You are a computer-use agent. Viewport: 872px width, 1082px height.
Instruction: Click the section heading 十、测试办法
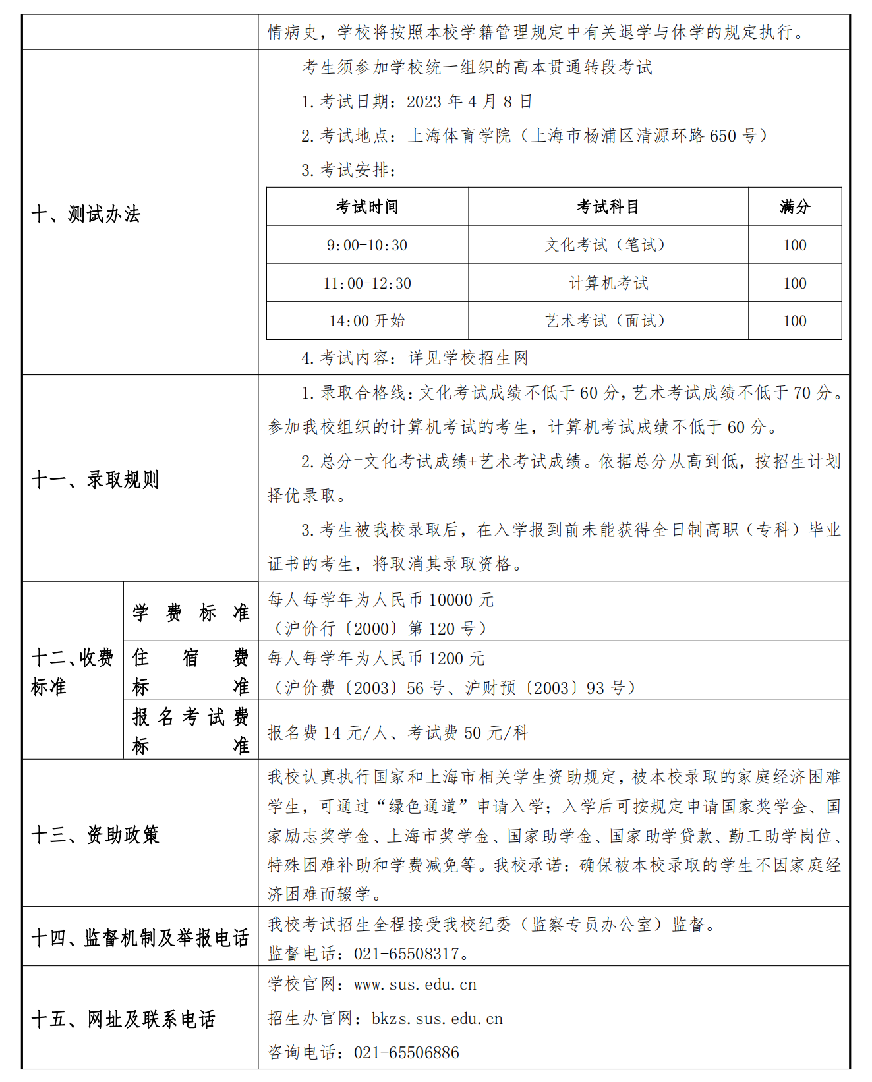86,214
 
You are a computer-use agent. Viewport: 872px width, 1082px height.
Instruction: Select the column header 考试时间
367,207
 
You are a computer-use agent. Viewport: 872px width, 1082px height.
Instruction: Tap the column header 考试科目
608,207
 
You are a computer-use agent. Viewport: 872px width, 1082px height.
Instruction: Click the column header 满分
794,207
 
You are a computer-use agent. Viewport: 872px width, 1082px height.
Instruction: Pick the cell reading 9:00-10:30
367,245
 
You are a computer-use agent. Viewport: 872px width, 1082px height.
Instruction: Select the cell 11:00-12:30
367,283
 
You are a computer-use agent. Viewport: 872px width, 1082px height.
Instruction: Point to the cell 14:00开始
367,321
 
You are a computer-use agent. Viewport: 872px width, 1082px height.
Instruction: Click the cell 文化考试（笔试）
608,245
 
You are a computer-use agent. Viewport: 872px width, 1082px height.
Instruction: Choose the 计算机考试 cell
608,283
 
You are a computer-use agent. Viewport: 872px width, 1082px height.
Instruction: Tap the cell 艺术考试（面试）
608,321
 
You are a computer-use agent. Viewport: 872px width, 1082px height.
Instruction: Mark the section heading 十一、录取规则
95,480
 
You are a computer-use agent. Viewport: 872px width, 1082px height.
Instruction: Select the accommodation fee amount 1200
448,658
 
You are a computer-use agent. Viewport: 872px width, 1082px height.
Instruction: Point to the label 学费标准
190,612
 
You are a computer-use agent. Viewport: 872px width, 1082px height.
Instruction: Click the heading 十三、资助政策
95,835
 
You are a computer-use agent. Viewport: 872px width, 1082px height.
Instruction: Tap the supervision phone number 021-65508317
406,954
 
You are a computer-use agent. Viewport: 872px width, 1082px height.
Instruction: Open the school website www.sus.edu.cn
415,984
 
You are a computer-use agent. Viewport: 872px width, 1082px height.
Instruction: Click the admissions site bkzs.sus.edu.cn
437,1019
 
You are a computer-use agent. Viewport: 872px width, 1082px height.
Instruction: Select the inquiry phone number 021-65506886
406,1052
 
